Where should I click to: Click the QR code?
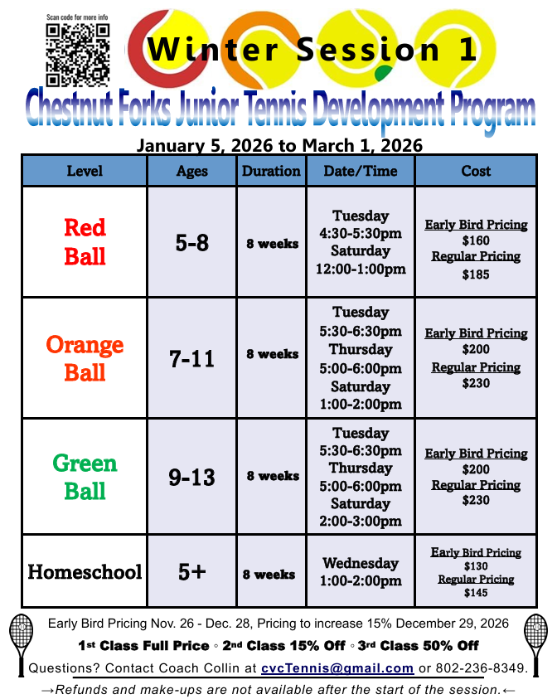pyautogui.click(x=78, y=55)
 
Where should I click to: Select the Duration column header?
pyautogui.click(x=271, y=171)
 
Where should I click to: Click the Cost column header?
pyautogui.click(x=476, y=171)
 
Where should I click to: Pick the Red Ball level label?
pyautogui.click(x=85, y=241)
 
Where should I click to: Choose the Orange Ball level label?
pyautogui.click(x=85, y=358)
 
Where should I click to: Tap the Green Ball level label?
pyautogui.click(x=85, y=477)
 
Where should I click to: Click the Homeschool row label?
pyautogui.click(x=85, y=571)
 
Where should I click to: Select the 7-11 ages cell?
pyautogui.click(x=191, y=358)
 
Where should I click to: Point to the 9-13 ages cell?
pyautogui.click(x=191, y=477)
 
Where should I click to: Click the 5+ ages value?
pyautogui.click(x=191, y=571)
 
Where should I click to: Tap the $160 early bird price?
pyautogui.click(x=476, y=240)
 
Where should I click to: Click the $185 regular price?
pyautogui.click(x=476, y=274)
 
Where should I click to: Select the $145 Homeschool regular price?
pyautogui.click(x=476, y=593)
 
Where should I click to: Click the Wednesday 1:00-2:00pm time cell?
pyautogui.click(x=361, y=571)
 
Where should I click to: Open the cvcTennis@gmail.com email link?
pyautogui.click(x=337, y=668)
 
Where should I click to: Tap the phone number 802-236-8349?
pyautogui.click(x=482, y=668)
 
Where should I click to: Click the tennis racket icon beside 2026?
pyautogui.click(x=536, y=645)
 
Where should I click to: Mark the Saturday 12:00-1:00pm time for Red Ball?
pyautogui.click(x=361, y=260)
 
